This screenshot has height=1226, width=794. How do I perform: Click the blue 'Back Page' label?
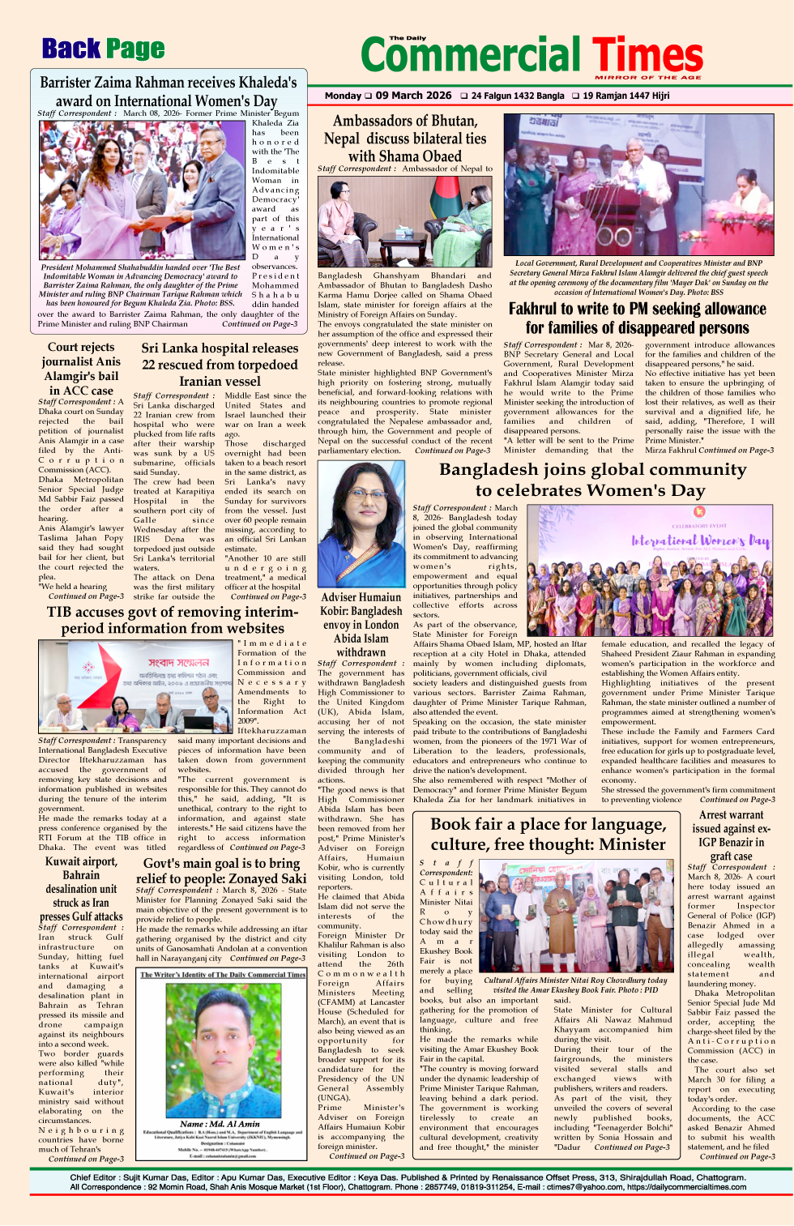tap(103, 49)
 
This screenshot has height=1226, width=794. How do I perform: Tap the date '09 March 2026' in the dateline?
tap(413, 96)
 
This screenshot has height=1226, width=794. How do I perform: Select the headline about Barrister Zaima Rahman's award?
tap(168, 92)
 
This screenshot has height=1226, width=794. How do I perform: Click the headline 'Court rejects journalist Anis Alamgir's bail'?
tap(81, 369)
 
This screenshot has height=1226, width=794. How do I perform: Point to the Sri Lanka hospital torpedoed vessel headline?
tap(220, 365)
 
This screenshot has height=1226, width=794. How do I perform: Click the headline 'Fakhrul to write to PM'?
tap(637, 318)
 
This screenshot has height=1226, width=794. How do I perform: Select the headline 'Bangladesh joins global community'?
tap(592, 480)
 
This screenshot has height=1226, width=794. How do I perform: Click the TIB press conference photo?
tap(135, 686)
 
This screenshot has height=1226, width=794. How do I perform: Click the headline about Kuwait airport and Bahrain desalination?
tap(81, 889)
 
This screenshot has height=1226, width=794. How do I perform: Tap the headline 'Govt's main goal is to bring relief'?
tap(220, 871)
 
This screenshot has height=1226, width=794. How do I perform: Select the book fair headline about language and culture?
tap(548, 834)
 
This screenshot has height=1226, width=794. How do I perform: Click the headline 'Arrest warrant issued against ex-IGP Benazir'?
tap(731, 835)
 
